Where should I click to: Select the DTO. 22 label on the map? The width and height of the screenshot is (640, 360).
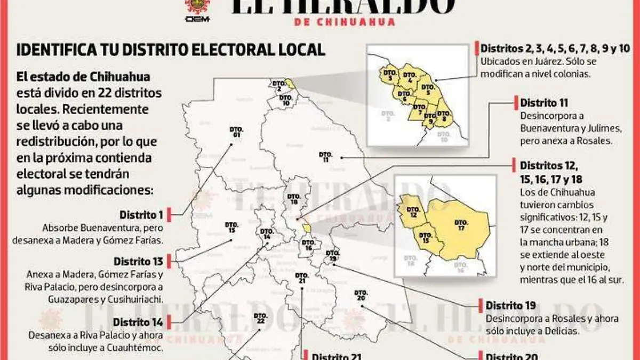point(260,318)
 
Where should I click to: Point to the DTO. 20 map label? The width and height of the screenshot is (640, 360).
point(361,295)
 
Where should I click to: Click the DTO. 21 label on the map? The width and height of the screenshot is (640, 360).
point(301,278)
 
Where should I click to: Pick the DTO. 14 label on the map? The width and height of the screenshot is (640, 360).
point(267,234)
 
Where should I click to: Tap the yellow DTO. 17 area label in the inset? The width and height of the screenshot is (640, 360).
point(461,225)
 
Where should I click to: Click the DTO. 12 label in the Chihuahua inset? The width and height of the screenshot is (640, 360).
point(413,212)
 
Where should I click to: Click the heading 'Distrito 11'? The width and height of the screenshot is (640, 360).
point(544,102)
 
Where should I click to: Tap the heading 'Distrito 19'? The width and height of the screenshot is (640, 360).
point(510,306)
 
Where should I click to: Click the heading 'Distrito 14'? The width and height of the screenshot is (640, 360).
point(138,322)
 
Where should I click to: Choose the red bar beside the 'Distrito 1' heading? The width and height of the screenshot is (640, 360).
point(169,215)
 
